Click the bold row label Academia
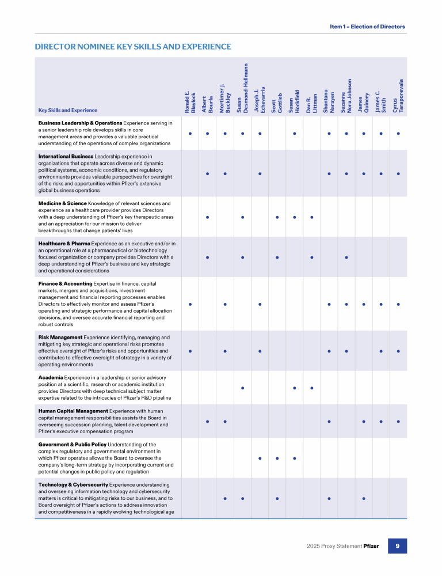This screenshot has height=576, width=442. [x=51, y=377]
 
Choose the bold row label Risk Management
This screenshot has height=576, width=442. [x=60, y=337]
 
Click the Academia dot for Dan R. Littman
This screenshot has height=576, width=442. [x=311, y=388]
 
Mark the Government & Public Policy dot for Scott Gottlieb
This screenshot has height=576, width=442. [x=277, y=458]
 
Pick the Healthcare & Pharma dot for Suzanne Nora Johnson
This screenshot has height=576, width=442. [x=346, y=257]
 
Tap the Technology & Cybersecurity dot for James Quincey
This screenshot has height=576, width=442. [x=364, y=498]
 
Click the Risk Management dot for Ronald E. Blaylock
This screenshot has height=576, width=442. [x=190, y=350]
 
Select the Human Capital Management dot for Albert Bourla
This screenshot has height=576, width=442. [x=207, y=421]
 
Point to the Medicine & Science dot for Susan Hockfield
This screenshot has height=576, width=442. [x=294, y=217]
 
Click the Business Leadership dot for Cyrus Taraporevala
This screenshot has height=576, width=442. [x=398, y=134]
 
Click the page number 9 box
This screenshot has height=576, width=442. [x=398, y=546]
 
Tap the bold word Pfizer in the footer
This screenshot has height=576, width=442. [x=371, y=546]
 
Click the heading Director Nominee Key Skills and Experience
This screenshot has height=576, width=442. [x=133, y=47]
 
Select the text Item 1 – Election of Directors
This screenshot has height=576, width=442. [x=367, y=26]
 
